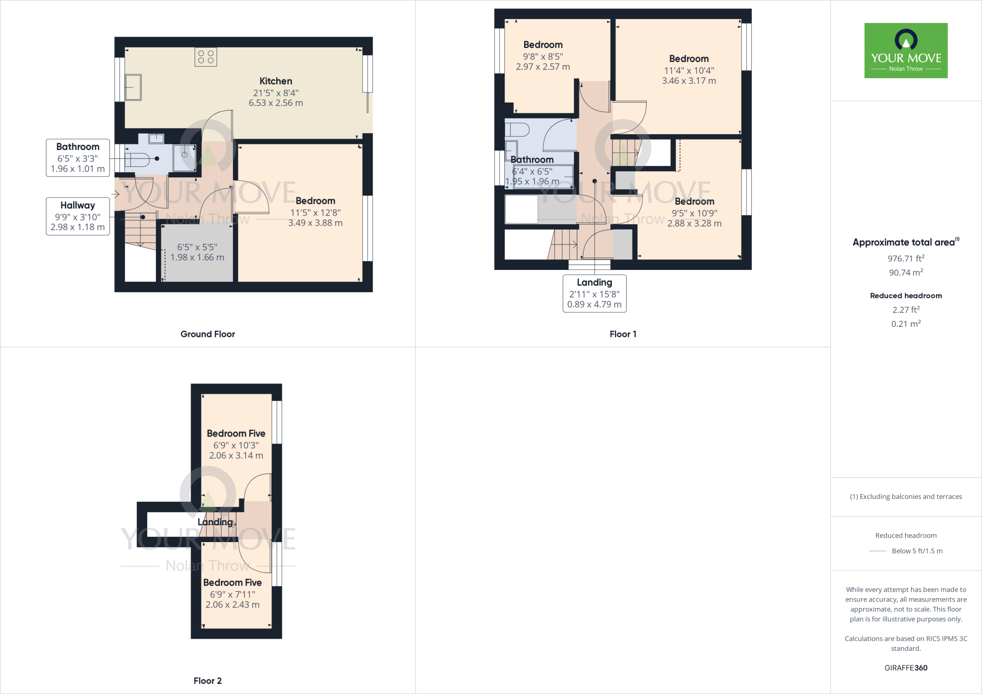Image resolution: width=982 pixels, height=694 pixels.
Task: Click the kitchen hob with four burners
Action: pos(206,57)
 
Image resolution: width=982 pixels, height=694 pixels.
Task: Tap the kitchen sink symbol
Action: pos(133,87)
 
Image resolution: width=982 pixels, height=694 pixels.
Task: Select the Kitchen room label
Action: pos(276,81)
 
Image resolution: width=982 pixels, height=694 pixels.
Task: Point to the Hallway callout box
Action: pos(78,216)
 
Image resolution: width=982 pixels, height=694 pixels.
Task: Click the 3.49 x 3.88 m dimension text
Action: pos(315,223)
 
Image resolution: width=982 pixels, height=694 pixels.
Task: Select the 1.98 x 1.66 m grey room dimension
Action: pos(197,257)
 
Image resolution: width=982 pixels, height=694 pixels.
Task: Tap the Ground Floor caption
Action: pos(208,334)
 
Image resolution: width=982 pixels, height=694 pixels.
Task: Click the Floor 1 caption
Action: pos(623,334)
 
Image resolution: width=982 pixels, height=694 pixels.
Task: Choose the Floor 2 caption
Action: pos(208,681)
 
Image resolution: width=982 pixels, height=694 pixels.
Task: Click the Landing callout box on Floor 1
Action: pos(594,293)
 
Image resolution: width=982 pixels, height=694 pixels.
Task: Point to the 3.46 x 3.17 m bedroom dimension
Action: pos(689,81)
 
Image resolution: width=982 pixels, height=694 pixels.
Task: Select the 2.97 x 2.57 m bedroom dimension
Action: pos(543,67)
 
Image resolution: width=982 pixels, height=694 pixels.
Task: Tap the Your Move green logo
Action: pos(906,50)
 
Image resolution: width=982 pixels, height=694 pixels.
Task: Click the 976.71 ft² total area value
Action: pos(905,258)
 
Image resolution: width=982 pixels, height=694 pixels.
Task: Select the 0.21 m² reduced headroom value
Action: pos(905,324)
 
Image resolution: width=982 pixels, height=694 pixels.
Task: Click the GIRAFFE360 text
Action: pos(905,668)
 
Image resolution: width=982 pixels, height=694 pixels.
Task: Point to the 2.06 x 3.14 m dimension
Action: pos(236,456)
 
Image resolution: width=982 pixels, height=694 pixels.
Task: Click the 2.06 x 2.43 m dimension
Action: pos(233,605)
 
